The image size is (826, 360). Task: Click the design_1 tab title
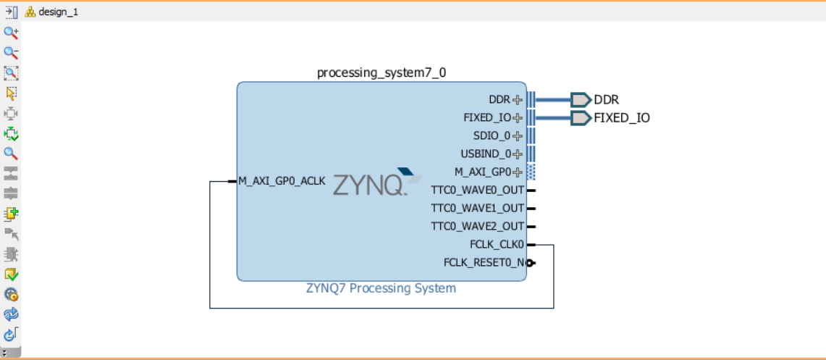coord(58,12)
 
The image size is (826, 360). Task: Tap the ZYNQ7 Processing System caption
coord(381,288)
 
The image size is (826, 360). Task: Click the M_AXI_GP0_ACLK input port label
coord(282,180)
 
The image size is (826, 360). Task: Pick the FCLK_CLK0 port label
coord(497,245)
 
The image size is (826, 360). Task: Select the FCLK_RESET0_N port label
coord(484,262)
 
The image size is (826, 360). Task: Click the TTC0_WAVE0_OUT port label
coord(477,191)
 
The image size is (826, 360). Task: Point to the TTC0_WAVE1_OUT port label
coord(477,208)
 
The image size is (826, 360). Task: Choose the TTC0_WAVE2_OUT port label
coord(477,226)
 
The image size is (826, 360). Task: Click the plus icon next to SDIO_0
coord(518,135)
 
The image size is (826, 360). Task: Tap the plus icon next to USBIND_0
coord(518,154)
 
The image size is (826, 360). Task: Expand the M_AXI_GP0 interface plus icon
coord(518,172)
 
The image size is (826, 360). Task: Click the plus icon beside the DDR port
coord(518,100)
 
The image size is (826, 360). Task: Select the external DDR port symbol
coord(580,100)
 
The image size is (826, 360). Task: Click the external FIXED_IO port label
coord(622,118)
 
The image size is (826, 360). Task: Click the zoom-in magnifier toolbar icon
coord(11,33)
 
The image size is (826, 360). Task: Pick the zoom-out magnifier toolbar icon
coord(11,53)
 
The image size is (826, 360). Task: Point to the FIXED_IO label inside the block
coord(487,118)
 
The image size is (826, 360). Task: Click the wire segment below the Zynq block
coord(381,308)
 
